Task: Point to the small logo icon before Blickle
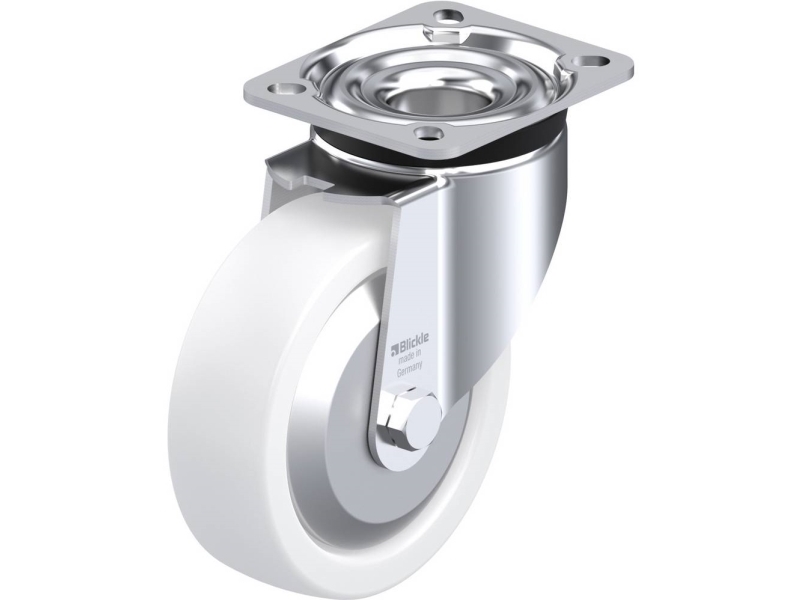pos(394,352)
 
